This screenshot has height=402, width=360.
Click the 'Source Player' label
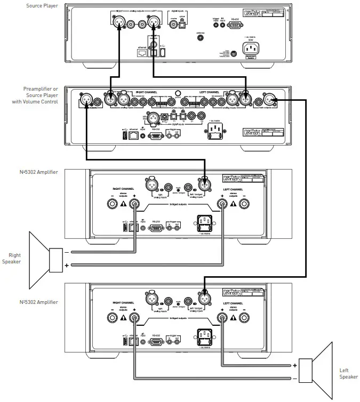pos(42,6)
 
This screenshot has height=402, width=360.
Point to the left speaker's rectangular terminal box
pos(306,371)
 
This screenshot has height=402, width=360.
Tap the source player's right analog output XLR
pos(116,22)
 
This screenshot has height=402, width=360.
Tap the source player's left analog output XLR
pos(153,22)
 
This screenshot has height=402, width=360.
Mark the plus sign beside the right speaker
pos(67,265)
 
